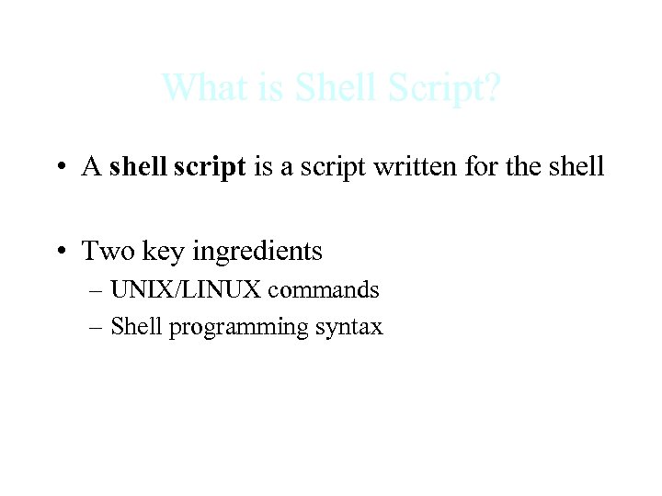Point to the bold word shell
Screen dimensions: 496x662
pos(137,167)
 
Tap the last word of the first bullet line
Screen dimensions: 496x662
pos(577,167)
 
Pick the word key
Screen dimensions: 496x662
pos(162,250)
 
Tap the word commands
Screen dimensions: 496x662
pos(324,290)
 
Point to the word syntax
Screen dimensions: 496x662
pos(349,328)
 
